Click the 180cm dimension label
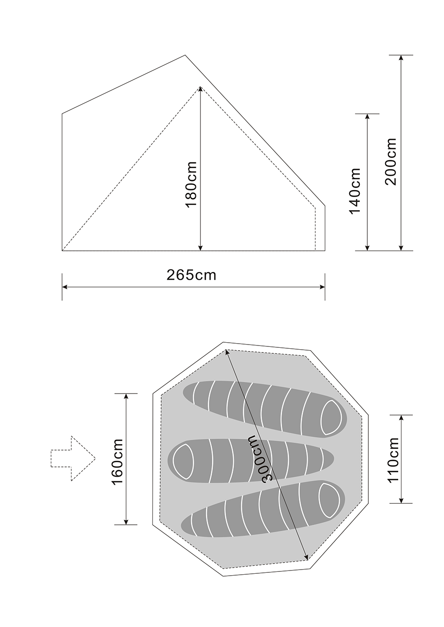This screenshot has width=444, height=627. point(191,185)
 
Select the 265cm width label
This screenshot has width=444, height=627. point(192,275)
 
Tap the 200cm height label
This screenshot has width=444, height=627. point(391,162)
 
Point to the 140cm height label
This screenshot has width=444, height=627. point(355,190)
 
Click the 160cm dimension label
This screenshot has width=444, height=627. point(117,462)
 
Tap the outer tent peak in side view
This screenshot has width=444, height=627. point(185,56)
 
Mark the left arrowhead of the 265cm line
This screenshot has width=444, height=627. point(65,287)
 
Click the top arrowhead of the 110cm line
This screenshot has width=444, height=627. point(401,417)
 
